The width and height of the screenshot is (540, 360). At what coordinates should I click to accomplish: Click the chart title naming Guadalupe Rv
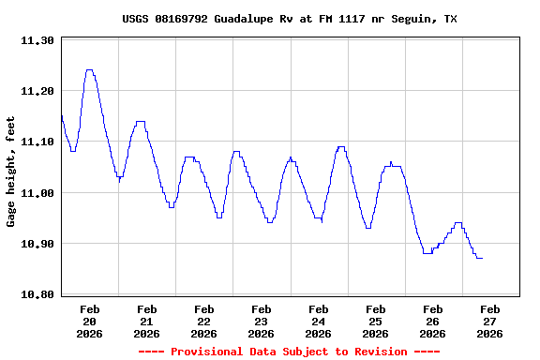[x=290, y=19]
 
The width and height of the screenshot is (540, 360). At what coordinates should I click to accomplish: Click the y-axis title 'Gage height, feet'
[x=11, y=172]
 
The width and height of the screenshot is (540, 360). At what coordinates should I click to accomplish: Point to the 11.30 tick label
[x=37, y=41]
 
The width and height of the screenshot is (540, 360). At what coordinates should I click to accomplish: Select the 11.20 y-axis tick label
[x=37, y=92]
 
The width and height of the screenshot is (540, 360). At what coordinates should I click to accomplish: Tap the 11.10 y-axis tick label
[x=37, y=142]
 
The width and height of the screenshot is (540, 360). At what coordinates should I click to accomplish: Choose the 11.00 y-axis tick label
[x=37, y=193]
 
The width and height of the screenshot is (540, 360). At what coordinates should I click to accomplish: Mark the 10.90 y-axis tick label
[x=37, y=244]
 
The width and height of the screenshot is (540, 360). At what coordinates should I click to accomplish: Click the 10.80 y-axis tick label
[x=37, y=294]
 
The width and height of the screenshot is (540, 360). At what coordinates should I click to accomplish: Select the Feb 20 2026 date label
[x=90, y=321]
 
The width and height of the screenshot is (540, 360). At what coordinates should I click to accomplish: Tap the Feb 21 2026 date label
[x=147, y=321]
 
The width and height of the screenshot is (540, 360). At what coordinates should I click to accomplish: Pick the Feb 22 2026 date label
[x=203, y=321]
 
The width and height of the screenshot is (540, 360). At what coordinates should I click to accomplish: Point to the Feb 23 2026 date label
[x=261, y=321]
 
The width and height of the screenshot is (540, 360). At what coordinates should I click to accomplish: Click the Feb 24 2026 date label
[x=318, y=321]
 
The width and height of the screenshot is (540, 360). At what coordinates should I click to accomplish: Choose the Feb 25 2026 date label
[x=375, y=321]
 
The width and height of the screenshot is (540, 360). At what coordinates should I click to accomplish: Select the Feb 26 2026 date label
[x=432, y=321]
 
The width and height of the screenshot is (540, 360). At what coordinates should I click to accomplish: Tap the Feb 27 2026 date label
[x=489, y=321]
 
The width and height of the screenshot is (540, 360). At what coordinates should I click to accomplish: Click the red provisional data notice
[x=289, y=352]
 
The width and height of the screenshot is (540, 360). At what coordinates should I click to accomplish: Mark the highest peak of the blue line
[x=89, y=69]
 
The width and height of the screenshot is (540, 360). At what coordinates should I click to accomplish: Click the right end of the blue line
[x=482, y=258]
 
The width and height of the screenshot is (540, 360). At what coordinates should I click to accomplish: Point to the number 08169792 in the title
[x=184, y=19]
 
